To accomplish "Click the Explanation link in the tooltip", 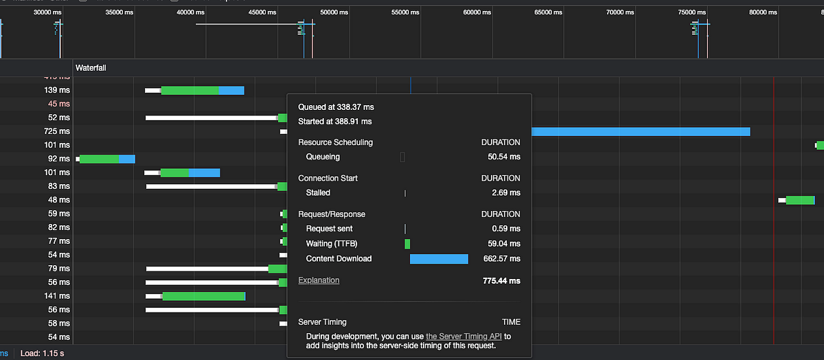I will pyautogui.click(x=319, y=280).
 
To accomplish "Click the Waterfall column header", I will pyautogui.click(x=91, y=68).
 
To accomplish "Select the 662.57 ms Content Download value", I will pyautogui.click(x=501, y=259).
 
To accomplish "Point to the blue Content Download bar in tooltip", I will pyautogui.click(x=439, y=259).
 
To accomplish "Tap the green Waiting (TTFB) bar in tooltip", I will pyautogui.click(x=407, y=244).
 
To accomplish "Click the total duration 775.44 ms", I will pyautogui.click(x=501, y=281).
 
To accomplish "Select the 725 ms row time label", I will pyautogui.click(x=57, y=131).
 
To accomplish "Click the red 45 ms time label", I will pyautogui.click(x=58, y=104).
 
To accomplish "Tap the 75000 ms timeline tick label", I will pyautogui.click(x=692, y=12).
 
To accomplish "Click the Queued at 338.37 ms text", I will pyautogui.click(x=336, y=107).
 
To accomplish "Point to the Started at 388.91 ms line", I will pyautogui.click(x=334, y=122).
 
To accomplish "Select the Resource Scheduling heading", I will pyautogui.click(x=335, y=142).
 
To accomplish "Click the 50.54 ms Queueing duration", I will pyautogui.click(x=504, y=157).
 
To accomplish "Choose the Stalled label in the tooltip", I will pyautogui.click(x=318, y=193).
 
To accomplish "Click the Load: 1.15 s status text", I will pyautogui.click(x=42, y=353).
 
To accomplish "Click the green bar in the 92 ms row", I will pyautogui.click(x=100, y=159).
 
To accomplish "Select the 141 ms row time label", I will pyautogui.click(x=57, y=296).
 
